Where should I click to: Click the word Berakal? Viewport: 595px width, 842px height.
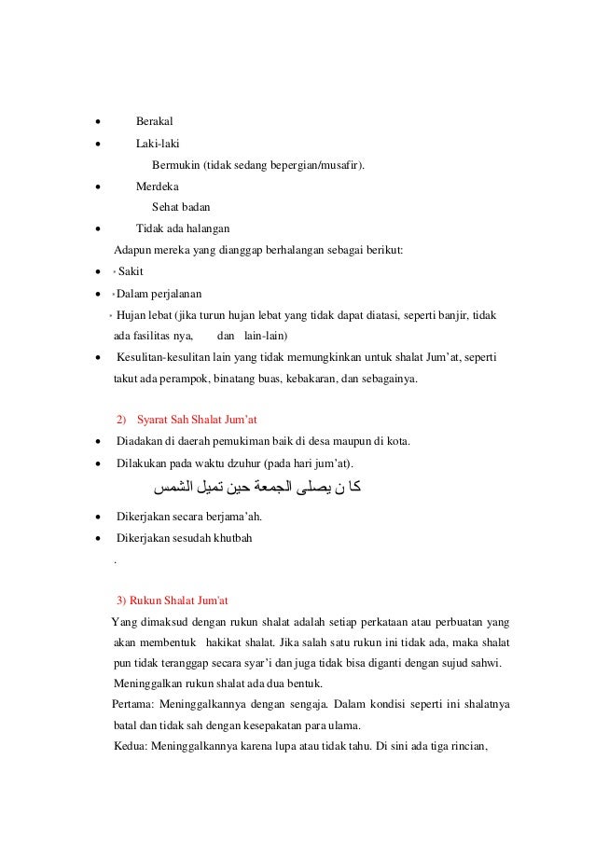(x=155, y=121)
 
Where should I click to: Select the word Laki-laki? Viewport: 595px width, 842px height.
(x=158, y=144)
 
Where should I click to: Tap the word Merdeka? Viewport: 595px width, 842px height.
(x=158, y=186)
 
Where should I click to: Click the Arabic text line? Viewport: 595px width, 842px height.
(x=258, y=487)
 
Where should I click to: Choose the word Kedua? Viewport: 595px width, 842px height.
(x=131, y=744)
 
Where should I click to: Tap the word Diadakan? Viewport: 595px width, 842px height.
(x=139, y=441)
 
